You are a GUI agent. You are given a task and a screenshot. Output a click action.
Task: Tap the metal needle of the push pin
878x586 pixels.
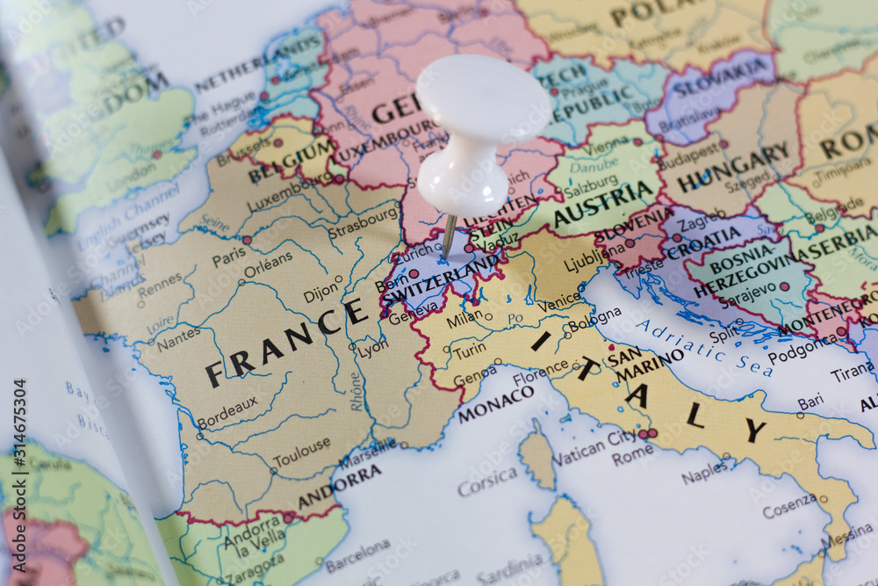point(449,235)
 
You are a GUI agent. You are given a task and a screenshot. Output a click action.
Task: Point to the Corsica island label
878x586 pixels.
point(486,480)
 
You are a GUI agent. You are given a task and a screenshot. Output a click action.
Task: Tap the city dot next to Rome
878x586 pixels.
point(651,433)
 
